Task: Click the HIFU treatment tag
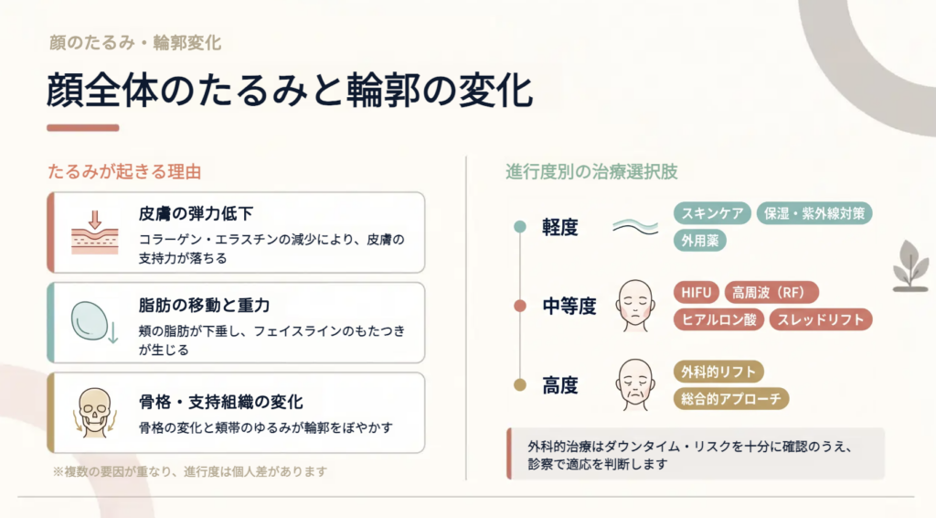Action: [x=697, y=293]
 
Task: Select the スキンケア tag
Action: [x=712, y=213]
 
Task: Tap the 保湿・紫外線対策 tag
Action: [x=814, y=213]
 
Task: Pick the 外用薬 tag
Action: [x=699, y=240]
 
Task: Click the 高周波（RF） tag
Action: [x=771, y=293]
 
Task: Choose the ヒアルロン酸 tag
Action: [x=718, y=319]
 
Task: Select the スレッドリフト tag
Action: [x=821, y=319]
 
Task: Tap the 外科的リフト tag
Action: [x=718, y=372]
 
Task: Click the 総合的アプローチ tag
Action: [x=731, y=398]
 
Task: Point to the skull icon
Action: [x=95, y=413]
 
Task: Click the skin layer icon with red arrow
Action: [x=95, y=232]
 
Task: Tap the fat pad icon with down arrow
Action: [x=94, y=322]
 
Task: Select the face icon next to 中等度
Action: [x=635, y=306]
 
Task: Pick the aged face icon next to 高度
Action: [x=635, y=384]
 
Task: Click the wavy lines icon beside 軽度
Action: [x=635, y=227]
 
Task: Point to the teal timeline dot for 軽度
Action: [x=520, y=226]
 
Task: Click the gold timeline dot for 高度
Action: [x=520, y=384]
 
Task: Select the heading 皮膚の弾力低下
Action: [x=196, y=213]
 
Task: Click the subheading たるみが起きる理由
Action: [x=124, y=172]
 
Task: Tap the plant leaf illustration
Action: [x=911, y=266]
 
